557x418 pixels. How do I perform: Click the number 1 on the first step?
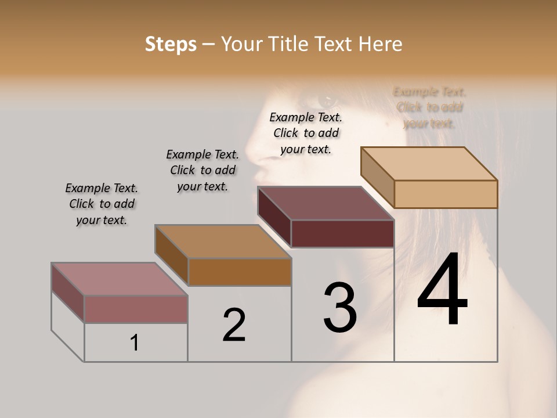135,343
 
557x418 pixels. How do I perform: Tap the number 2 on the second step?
234,325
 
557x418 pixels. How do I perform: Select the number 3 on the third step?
340,308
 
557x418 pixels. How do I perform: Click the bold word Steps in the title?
171,44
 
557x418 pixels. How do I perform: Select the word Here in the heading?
381,44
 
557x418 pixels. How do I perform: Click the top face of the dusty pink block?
119,279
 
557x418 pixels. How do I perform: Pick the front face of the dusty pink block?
136,309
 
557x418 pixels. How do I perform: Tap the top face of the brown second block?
223,242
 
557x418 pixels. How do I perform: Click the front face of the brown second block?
240,272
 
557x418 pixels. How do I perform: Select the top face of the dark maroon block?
325,203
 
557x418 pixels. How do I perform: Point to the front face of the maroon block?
342,233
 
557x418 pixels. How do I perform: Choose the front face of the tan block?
446,194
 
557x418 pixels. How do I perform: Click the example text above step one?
102,204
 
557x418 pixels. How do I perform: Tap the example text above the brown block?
202,170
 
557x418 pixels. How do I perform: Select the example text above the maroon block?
306,133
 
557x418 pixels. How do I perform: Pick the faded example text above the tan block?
429,107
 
